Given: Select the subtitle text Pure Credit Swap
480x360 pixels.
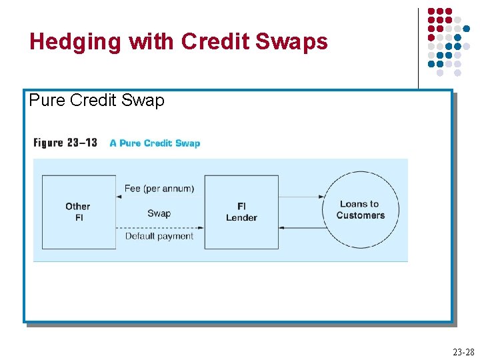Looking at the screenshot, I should tap(97, 101).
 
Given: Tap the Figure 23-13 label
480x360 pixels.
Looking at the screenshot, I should tap(65, 143).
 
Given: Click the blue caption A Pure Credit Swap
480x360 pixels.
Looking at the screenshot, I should tap(155, 143).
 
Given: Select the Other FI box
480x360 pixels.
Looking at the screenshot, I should tap(79, 212).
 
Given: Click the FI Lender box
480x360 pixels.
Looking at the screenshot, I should tap(241, 212).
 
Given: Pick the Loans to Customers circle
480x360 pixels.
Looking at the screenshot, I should tap(361, 210).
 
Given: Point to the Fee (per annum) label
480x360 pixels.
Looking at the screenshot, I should tap(159, 189).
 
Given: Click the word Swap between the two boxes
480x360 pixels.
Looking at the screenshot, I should tap(159, 213).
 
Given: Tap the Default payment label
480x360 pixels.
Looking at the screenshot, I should tap(159, 236).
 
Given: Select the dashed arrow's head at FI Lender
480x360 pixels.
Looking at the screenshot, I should tap(201, 228).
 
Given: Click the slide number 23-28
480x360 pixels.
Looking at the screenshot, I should tap(463, 352).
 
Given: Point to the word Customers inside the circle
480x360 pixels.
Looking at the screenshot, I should tap(361, 215).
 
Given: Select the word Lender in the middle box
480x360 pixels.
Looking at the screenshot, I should tap(241, 217).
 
